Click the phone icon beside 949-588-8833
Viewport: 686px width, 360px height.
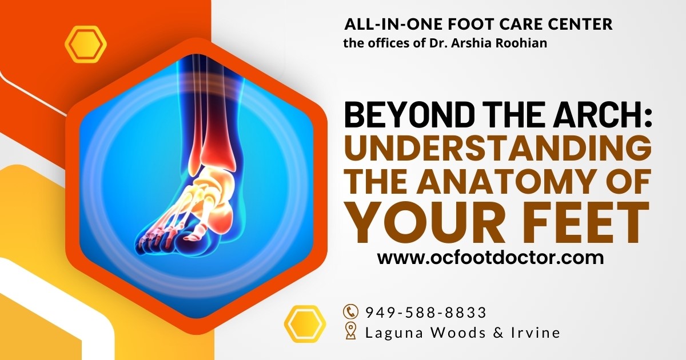pyautogui.click(x=350, y=312)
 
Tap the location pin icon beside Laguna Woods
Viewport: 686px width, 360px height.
pyautogui.click(x=350, y=331)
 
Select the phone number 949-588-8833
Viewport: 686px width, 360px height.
pyautogui.click(x=426, y=313)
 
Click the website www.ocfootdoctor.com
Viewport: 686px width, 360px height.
pyautogui.click(x=490, y=258)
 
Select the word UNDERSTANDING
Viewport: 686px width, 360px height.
pyautogui.click(x=498, y=150)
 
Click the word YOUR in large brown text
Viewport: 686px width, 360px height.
pyautogui.click(x=426, y=222)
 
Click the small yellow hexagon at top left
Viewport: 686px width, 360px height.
pyautogui.click(x=86, y=44)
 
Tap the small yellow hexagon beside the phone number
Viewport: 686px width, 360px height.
pyautogui.click(x=305, y=324)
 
